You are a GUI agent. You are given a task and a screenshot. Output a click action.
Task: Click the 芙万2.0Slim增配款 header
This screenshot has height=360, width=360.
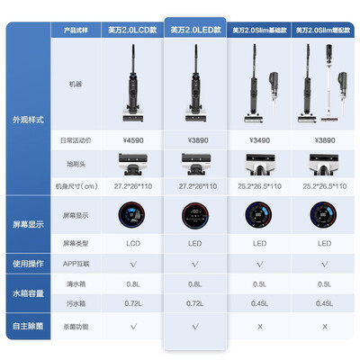pos(322,31)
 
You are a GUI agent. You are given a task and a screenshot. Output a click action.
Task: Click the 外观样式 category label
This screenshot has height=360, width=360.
pos(28,118)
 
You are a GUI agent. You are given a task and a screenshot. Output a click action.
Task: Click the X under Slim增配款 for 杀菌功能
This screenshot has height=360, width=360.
pos(322,326)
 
